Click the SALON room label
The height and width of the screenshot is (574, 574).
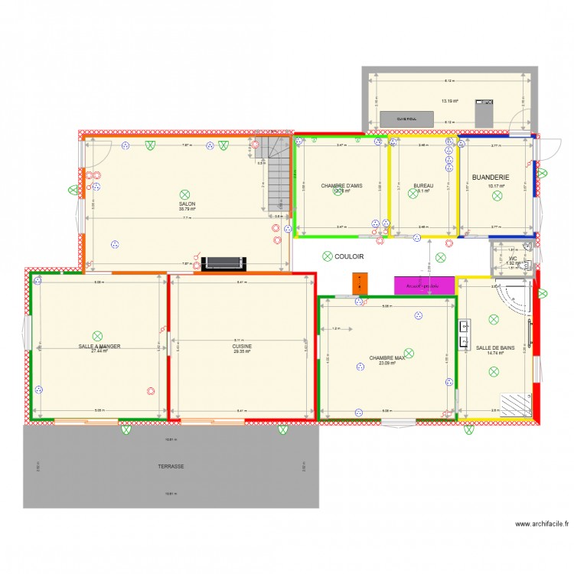click(188, 204)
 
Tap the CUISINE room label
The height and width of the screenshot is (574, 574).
click(242, 346)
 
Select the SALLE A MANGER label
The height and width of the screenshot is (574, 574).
click(99, 346)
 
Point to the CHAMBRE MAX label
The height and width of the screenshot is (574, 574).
click(386, 357)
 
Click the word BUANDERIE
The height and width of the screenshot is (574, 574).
click(491, 177)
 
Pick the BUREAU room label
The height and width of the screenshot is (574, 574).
click(423, 186)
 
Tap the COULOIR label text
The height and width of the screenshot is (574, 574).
click(349, 257)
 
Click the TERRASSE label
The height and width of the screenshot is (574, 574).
click(171, 466)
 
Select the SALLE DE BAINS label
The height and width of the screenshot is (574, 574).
click(494, 347)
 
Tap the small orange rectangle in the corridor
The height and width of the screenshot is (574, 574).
click(357, 282)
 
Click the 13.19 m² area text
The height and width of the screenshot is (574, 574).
click(449, 100)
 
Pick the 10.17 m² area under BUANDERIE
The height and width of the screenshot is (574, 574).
click(496, 186)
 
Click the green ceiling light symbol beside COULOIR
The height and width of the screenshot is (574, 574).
click(328, 256)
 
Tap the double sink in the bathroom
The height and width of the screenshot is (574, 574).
click(464, 334)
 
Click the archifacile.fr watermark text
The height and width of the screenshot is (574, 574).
click(542, 524)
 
